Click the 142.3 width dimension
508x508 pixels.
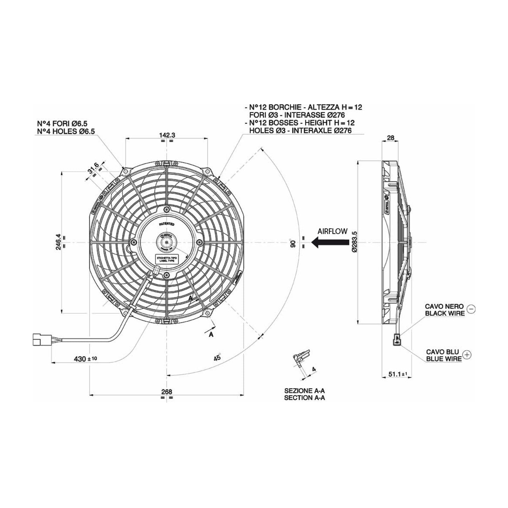click(167, 135)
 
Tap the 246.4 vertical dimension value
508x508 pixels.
click(58, 242)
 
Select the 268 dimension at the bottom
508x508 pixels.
click(167, 391)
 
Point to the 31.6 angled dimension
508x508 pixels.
click(93, 171)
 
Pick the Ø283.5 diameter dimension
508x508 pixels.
click(354, 242)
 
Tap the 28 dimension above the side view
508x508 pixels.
click(390, 138)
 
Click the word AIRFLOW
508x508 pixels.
click(332, 231)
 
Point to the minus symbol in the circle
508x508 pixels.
click(472, 309)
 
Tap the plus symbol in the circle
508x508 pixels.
click(467, 355)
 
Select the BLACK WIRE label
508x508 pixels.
click(445, 313)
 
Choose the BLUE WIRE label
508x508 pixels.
click(444, 359)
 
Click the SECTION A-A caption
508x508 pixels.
click(304, 398)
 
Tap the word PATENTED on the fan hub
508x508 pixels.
click(167, 224)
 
